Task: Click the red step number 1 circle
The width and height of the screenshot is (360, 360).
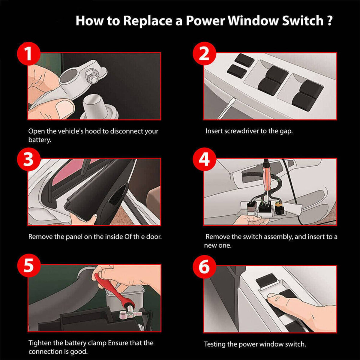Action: point(28,53)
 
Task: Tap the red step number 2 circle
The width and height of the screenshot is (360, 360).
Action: point(204,53)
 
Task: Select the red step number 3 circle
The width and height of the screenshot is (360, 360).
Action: point(28,159)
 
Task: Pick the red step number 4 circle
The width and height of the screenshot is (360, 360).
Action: point(204,159)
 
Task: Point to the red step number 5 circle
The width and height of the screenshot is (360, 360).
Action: point(28,265)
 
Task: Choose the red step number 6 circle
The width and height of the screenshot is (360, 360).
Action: point(204,267)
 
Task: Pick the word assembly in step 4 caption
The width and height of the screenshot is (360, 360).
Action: point(277,237)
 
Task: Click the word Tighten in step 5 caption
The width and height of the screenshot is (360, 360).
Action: point(40,343)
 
